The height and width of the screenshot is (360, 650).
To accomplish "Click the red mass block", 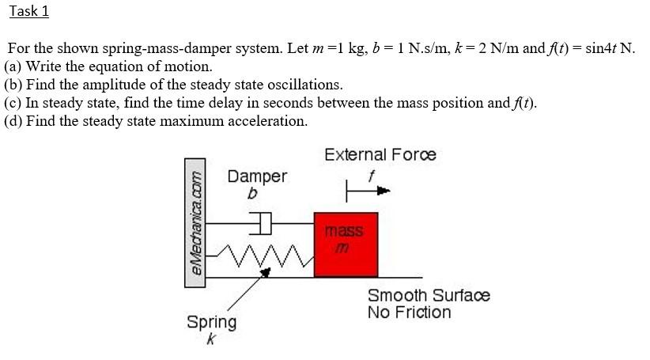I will pos(346,244).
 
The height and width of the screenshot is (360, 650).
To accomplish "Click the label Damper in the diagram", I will pos(257,176).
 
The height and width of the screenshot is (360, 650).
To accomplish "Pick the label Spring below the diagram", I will pos(211,322).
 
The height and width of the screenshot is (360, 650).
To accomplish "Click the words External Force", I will pos(380,154).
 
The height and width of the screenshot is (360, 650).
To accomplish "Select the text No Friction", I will pos(409,313).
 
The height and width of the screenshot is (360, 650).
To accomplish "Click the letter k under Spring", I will pos(210,339).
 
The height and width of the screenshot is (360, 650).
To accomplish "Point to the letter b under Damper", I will pos(252,193).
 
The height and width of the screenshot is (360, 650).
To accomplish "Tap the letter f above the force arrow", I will pos(368,174).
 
